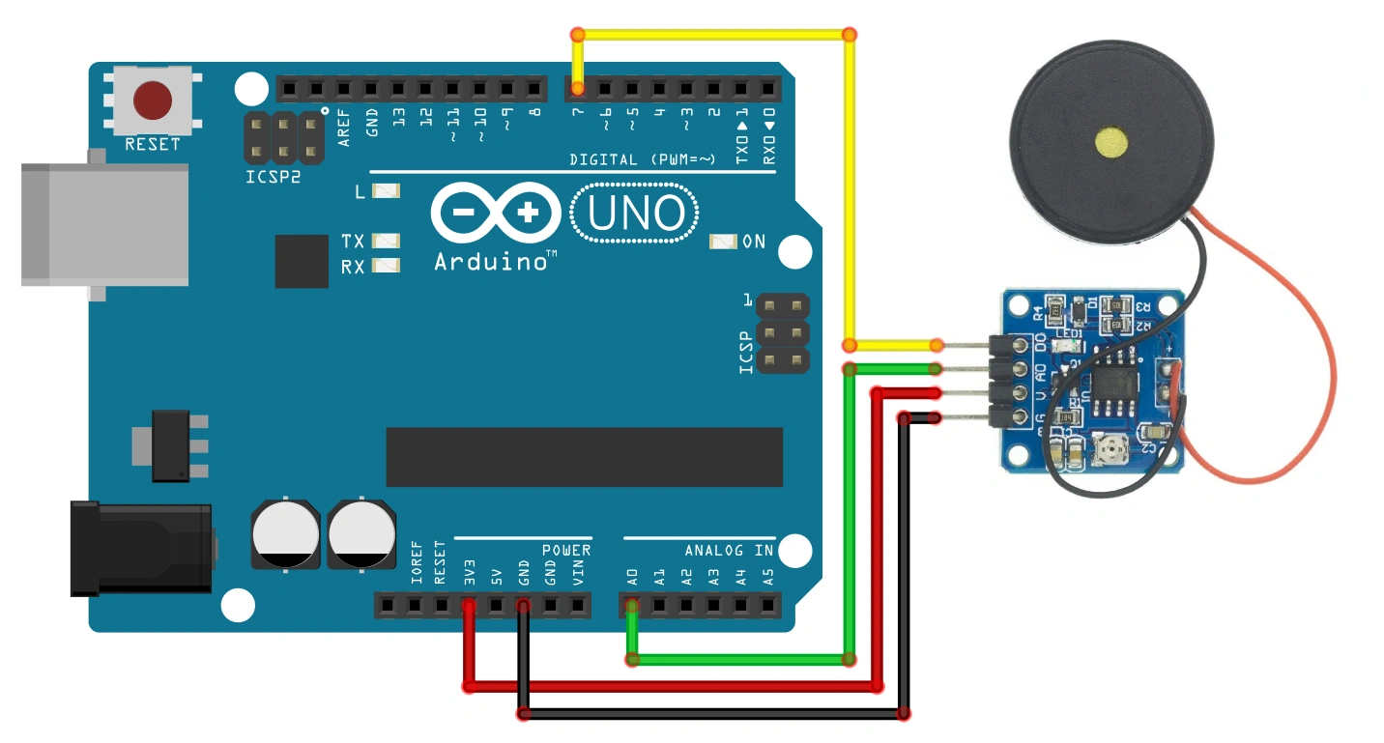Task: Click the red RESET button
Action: [x=153, y=100]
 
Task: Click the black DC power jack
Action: [x=141, y=547]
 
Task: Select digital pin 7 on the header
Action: [x=578, y=90]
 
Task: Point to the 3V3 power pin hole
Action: [x=469, y=607]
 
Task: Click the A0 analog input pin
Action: [x=632, y=607]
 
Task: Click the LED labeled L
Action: [x=386, y=191]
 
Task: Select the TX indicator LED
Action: [x=386, y=240]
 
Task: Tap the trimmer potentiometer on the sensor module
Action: [x=1112, y=447]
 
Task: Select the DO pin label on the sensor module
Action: [x=1040, y=342]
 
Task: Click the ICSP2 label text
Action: [x=273, y=179]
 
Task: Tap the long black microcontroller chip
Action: [x=584, y=457]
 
